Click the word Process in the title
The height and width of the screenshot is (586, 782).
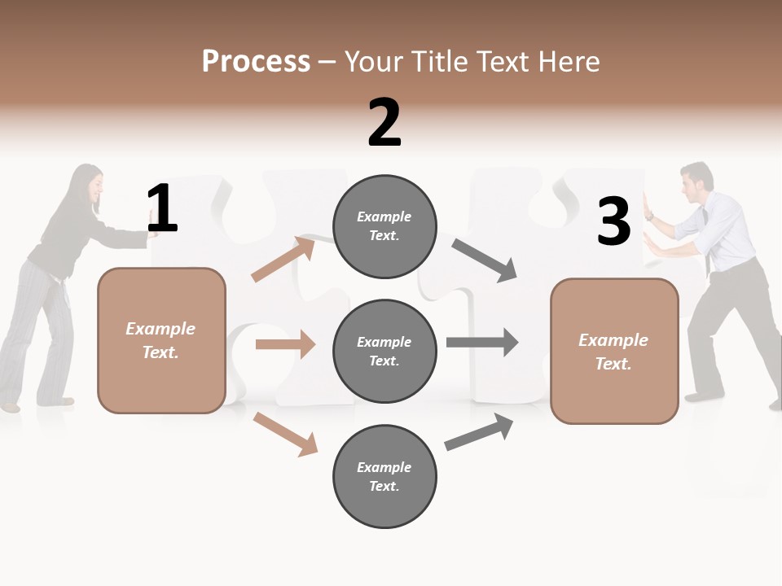point(256,62)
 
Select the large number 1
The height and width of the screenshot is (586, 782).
point(162,209)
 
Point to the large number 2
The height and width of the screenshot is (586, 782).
point(384,122)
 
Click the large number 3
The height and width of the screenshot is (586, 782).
point(613,221)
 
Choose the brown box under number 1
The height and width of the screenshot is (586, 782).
point(161,340)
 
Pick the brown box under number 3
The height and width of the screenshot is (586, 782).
point(614,352)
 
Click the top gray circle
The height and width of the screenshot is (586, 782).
point(384,226)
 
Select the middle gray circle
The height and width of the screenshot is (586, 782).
point(384,352)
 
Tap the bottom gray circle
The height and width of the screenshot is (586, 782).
point(384,477)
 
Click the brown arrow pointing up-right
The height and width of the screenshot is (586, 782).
point(283,259)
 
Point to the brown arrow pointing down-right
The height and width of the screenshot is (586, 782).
point(285,434)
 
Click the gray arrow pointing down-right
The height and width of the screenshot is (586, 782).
point(485,260)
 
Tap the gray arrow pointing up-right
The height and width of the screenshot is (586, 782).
point(479,432)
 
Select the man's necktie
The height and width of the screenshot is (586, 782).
point(705,236)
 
